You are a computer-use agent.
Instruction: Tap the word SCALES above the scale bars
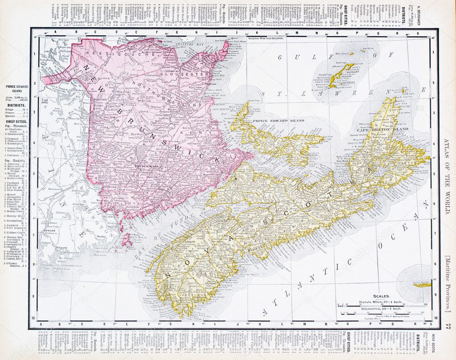[382, 295]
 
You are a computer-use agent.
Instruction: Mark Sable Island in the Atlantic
[421, 282]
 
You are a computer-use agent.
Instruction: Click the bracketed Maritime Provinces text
[448, 284]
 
